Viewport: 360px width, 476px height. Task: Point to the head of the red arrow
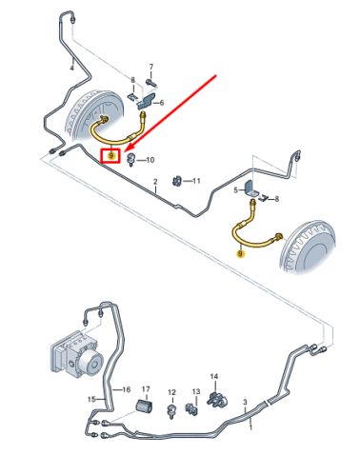tap(126, 150)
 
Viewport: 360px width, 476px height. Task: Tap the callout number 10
tap(150, 160)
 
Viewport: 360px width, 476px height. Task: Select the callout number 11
tap(196, 181)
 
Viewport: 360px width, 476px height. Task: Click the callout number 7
tap(151, 67)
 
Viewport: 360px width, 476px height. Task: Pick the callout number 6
tap(162, 103)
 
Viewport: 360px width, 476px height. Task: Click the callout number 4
tap(71, 68)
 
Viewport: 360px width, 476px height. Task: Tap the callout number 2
tap(155, 182)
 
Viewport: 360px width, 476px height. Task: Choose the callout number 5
tap(235, 190)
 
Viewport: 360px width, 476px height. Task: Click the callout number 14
tap(214, 376)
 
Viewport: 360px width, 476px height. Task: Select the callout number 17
tap(146, 388)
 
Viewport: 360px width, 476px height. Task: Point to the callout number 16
tap(127, 389)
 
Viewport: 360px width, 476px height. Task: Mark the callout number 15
tap(91, 399)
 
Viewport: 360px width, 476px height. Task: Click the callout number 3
tap(245, 402)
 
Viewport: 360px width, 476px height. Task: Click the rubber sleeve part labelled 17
tap(145, 407)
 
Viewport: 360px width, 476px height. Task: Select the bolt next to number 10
tap(130, 159)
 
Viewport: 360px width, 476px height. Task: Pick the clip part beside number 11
tap(177, 181)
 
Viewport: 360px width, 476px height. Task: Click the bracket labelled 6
tap(147, 102)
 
